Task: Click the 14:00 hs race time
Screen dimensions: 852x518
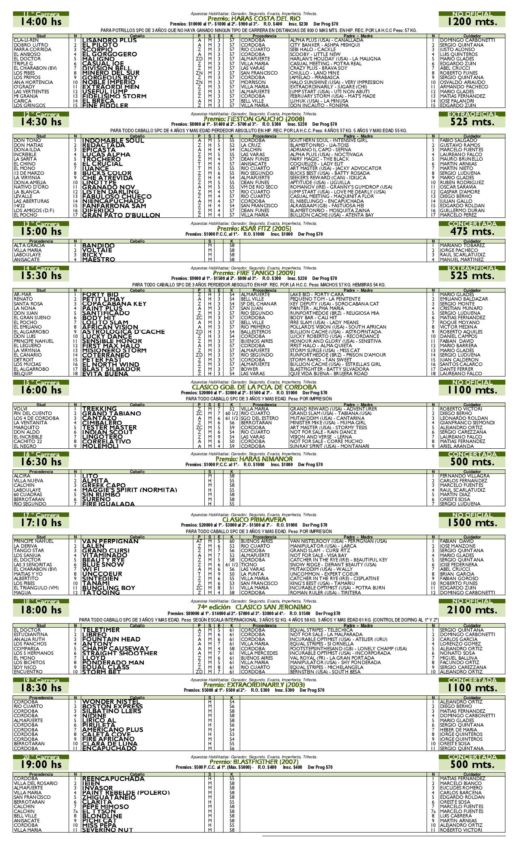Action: tap(41, 22)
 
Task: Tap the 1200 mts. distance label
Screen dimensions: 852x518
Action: tap(472, 22)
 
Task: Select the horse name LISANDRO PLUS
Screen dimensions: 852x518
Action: tap(109, 41)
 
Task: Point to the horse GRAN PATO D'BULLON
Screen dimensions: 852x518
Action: tap(121, 215)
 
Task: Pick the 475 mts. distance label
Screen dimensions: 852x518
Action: tap(472, 232)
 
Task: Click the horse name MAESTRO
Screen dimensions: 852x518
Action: tap(99, 260)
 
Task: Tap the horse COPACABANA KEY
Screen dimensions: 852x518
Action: tap(114, 304)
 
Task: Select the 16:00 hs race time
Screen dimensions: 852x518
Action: tap(41, 390)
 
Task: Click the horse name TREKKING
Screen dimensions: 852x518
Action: tap(100, 409)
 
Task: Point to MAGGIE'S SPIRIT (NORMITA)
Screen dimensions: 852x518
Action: tap(130, 490)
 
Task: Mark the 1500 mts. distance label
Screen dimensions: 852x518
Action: tap(472, 523)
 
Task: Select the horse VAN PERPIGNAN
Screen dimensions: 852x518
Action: tap(110, 542)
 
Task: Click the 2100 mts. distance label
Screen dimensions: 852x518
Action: tap(472, 610)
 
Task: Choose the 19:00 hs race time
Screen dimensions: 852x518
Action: tap(41, 764)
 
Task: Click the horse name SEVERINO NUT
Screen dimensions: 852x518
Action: tap(107, 830)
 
